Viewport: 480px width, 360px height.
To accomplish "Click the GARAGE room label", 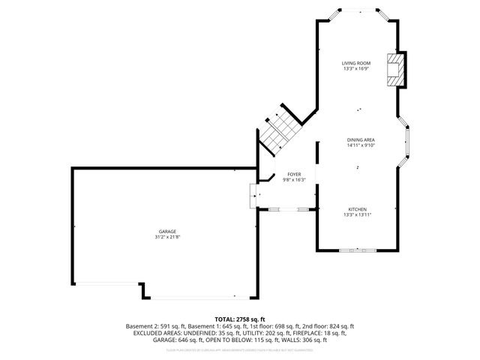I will click(167, 232).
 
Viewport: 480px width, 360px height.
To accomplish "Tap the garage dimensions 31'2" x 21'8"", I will click(167, 237).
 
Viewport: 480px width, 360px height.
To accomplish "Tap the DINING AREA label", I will click(361, 140).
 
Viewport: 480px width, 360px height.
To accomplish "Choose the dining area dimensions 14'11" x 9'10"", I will click(361, 145).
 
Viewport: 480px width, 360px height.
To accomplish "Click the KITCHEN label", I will click(357, 208).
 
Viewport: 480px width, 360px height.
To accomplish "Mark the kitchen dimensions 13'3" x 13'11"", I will click(357, 214).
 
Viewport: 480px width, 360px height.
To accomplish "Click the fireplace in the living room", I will click(394, 70).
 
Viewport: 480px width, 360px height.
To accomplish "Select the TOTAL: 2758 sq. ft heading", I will click(240, 319).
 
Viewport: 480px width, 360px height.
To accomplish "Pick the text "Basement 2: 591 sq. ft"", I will click(152, 326).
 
